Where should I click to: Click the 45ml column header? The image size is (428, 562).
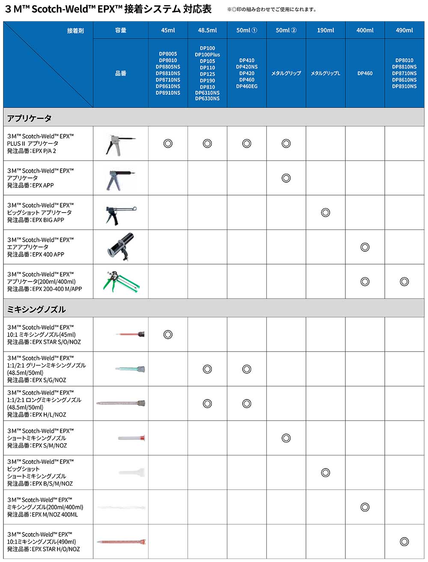click(x=168, y=30)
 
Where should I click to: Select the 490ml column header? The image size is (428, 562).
click(x=404, y=30)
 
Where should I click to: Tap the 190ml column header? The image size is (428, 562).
click(x=325, y=30)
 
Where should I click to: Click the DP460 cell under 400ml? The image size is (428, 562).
click(x=365, y=73)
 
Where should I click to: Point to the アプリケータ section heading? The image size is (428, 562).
click(x=30, y=118)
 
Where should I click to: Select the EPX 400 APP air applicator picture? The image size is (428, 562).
click(x=120, y=247)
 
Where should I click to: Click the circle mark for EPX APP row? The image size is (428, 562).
click(x=286, y=178)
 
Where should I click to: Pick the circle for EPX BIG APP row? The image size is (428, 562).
click(x=325, y=213)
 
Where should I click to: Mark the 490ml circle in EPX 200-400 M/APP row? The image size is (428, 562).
click(x=404, y=282)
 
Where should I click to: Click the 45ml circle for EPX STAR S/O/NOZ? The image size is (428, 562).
click(x=168, y=334)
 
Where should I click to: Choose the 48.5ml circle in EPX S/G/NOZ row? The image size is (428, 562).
click(x=207, y=369)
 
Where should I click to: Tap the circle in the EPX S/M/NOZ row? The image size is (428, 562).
click(x=286, y=438)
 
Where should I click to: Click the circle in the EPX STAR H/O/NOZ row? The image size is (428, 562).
click(x=404, y=541)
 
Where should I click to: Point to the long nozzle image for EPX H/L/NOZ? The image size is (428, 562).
click(x=121, y=404)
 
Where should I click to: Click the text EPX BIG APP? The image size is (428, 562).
click(x=48, y=220)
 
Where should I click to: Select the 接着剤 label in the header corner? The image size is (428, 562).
click(x=75, y=31)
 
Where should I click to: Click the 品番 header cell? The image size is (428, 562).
click(x=121, y=74)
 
